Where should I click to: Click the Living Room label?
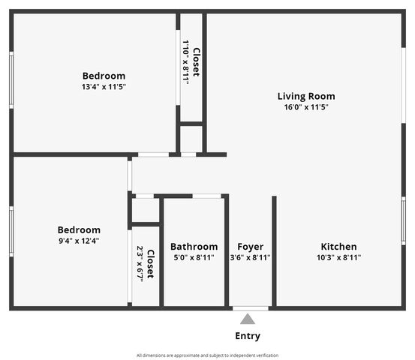point(306,96)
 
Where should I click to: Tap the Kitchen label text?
point(338,247)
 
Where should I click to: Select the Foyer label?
point(251,247)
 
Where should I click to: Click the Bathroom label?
point(194,247)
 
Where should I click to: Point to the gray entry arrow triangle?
point(248,319)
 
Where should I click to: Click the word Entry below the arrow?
point(248,336)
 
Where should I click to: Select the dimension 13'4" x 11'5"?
point(104,87)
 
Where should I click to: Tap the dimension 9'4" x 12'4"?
point(79,241)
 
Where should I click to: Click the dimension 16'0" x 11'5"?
point(306,107)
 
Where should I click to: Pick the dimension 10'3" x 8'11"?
point(338,257)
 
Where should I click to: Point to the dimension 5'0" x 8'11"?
point(194,257)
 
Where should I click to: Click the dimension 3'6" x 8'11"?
point(251,257)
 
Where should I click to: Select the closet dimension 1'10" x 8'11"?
point(186,62)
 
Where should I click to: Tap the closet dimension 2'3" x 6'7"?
point(140,264)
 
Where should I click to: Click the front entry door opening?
point(251,308)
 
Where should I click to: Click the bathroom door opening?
point(206,196)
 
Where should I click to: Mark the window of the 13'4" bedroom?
point(11,80)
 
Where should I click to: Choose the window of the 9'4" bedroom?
point(11,232)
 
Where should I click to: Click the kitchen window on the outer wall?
point(403,221)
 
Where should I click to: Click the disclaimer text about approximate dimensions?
point(207,355)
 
